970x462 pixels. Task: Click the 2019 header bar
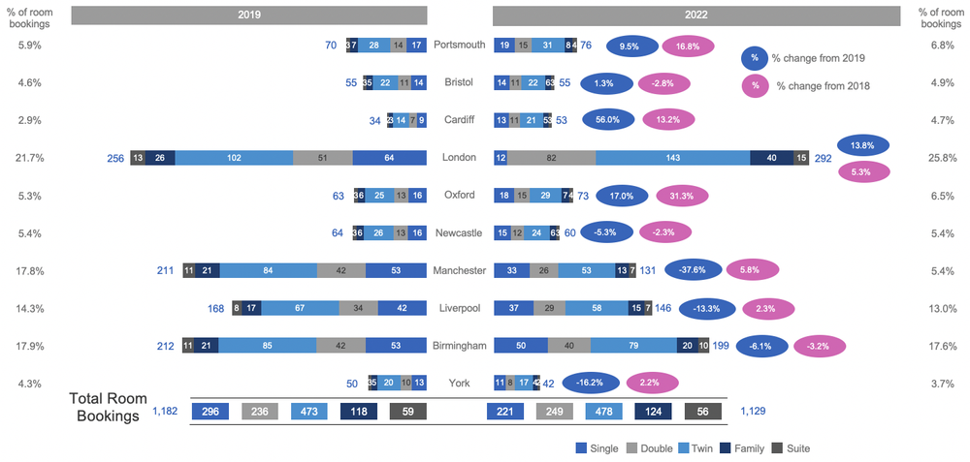(249, 15)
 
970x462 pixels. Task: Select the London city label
(459, 158)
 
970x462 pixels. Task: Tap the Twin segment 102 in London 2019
(234, 158)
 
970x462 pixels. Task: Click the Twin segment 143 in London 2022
(673, 158)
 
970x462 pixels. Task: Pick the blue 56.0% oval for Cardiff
(608, 120)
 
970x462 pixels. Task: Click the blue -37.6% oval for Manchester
(692, 270)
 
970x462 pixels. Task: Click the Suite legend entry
(791, 448)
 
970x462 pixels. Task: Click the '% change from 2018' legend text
(823, 86)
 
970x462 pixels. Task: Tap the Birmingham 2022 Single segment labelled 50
(521, 345)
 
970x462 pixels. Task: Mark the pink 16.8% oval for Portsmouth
(689, 46)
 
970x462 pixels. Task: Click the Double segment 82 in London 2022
(551, 158)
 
